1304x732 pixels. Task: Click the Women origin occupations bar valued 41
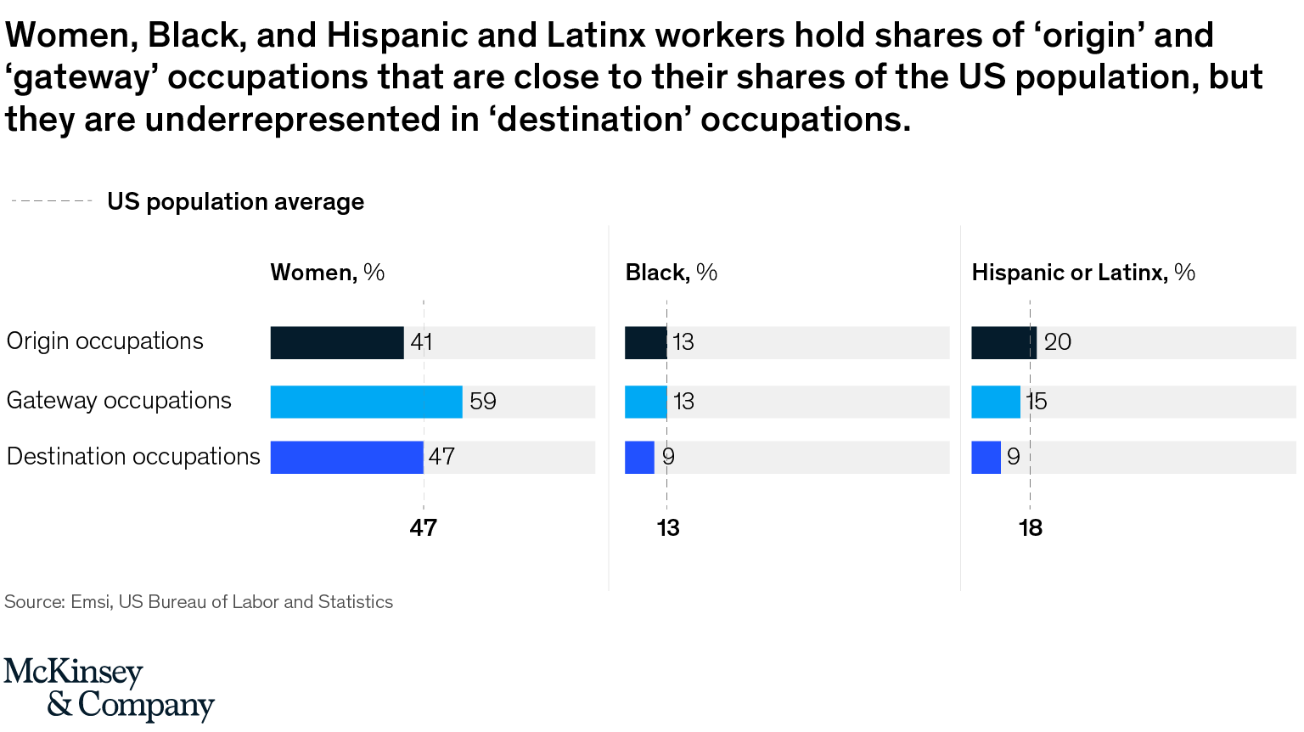click(337, 342)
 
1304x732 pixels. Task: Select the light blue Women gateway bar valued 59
click(366, 402)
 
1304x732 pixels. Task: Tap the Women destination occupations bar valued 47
click(346, 457)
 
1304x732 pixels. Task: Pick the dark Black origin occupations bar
click(645, 342)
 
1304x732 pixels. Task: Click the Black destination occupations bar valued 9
click(639, 457)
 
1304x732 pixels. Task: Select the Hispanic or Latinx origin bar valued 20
click(1003, 342)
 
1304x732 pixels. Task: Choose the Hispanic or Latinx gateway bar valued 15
click(995, 402)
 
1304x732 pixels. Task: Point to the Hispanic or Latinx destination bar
click(986, 457)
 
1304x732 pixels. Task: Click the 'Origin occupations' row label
click(105, 341)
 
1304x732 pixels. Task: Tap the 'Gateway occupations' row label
click(119, 401)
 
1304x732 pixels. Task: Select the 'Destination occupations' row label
click(133, 457)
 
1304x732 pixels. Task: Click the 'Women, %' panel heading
click(327, 273)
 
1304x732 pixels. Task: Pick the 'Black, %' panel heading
click(671, 273)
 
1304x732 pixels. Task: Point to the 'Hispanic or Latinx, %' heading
click(1082, 273)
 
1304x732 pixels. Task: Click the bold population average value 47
click(423, 528)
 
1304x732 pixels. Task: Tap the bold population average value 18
click(1030, 528)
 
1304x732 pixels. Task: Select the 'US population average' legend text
click(235, 202)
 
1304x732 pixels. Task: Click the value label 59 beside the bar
click(482, 402)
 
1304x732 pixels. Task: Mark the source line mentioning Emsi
click(199, 602)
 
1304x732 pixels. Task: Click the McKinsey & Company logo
click(109, 689)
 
